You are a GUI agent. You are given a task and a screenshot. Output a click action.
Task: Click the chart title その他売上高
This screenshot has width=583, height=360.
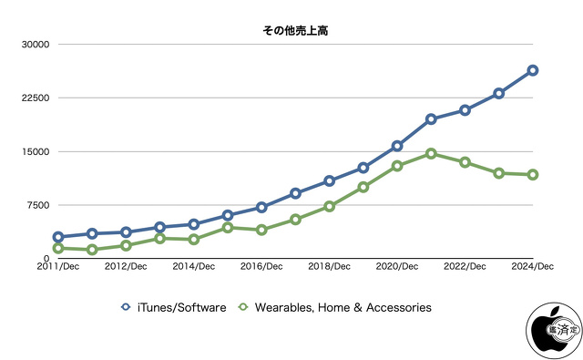click(x=291, y=31)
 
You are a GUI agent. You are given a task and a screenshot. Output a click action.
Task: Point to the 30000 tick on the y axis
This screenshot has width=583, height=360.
click(x=34, y=45)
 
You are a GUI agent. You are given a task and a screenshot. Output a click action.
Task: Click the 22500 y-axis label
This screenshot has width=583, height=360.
click(x=34, y=98)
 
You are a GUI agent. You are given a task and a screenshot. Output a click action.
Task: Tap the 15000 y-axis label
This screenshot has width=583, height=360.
click(x=34, y=151)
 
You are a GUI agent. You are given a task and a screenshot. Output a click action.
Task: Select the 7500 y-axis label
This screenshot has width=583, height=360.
click(x=36, y=205)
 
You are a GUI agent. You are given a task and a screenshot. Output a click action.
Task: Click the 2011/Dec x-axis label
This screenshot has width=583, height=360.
click(x=58, y=267)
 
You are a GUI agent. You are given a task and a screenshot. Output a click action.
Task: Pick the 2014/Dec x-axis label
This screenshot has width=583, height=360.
click(x=193, y=267)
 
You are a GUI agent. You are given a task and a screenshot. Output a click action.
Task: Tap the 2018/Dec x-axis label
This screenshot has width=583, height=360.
click(x=329, y=267)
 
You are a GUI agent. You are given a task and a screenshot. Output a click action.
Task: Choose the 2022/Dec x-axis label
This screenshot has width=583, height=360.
click(x=465, y=267)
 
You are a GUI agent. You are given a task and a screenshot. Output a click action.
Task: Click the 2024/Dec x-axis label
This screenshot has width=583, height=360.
click(x=532, y=267)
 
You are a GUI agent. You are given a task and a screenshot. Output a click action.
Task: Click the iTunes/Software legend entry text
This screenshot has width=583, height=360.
click(x=180, y=308)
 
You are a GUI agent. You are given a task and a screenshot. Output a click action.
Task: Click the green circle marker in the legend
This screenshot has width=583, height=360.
click(x=243, y=308)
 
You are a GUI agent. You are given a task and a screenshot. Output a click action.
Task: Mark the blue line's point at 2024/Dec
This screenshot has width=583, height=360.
click(x=533, y=70)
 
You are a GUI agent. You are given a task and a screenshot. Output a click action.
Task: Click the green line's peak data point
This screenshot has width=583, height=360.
click(x=431, y=153)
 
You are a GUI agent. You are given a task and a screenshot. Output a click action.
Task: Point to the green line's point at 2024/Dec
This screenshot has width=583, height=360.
click(x=533, y=174)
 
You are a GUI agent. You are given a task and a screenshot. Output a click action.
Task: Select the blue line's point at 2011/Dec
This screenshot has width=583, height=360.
click(x=58, y=237)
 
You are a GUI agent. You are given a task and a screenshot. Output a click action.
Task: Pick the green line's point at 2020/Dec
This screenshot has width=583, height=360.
click(x=397, y=166)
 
